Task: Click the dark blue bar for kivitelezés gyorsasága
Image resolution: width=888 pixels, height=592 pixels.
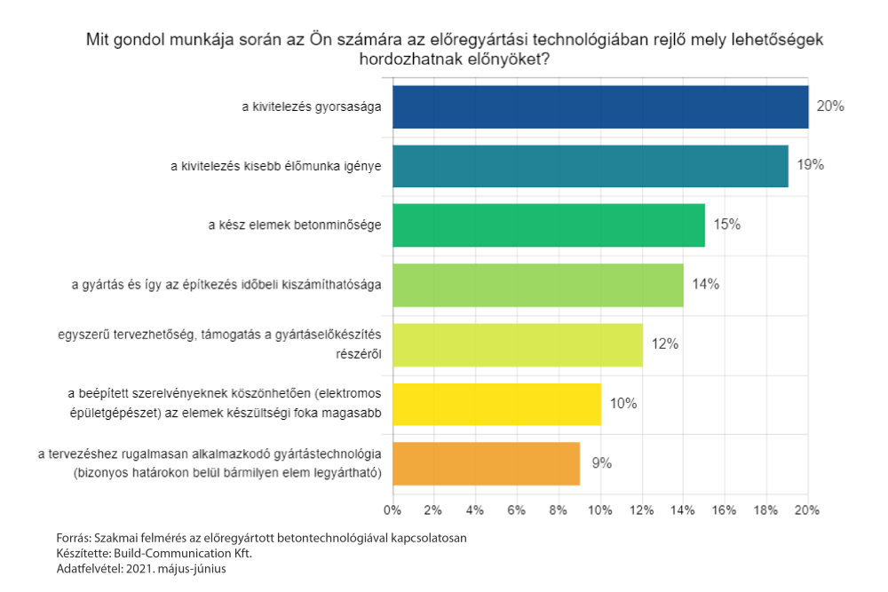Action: point(599,107)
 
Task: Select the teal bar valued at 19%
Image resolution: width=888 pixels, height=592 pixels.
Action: point(590,166)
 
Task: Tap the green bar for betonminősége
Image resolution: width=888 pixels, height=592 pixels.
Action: point(548,225)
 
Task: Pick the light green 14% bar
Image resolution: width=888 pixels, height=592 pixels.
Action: point(537,285)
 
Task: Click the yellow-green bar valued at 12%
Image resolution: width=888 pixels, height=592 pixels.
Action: point(517,344)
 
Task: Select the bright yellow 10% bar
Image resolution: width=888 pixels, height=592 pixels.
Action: point(496,404)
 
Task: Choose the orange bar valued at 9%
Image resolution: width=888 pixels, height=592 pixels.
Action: point(486,463)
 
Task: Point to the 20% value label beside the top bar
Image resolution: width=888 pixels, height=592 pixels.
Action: point(829,107)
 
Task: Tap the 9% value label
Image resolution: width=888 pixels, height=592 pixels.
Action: point(602,463)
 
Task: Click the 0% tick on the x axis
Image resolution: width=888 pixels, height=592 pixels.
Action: point(392,510)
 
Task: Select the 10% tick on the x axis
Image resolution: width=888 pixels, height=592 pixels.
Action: point(599,510)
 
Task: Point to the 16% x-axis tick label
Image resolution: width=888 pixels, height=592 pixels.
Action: point(724,510)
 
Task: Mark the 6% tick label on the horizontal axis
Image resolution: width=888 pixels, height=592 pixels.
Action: point(516,510)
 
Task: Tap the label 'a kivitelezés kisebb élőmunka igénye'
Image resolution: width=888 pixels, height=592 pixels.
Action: point(276,166)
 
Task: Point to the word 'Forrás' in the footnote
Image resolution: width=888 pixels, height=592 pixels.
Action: point(72,538)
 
